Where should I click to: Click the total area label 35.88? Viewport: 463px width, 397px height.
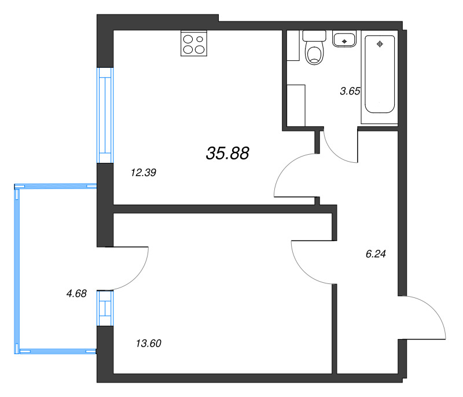227,153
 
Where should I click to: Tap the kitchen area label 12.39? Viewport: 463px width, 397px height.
145,172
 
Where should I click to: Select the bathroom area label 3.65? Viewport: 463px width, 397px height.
350,90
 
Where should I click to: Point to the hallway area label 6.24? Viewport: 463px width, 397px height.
376,253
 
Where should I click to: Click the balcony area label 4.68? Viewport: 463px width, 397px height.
76,294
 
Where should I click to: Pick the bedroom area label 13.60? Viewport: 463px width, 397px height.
148,344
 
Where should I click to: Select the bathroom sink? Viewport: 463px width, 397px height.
346,39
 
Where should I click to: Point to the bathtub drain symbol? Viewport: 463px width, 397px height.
380,44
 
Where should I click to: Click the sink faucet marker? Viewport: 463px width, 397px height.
346,41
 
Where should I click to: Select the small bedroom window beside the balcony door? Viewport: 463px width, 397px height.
105,307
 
